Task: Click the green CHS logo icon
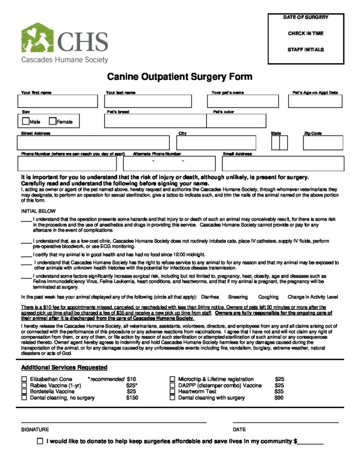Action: point(37,38)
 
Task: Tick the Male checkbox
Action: point(25,122)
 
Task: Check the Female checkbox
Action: point(52,122)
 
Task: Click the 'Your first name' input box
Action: point(58,101)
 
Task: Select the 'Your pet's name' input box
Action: point(244,101)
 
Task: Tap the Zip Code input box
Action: point(323,143)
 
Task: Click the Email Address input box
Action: point(283,163)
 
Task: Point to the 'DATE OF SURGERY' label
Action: point(305,17)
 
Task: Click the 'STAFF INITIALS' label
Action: point(305,50)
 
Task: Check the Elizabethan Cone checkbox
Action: point(24,379)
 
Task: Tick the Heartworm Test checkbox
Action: point(172,391)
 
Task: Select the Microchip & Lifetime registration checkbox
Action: point(172,379)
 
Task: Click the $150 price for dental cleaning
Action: point(132,398)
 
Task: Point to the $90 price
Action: point(279,398)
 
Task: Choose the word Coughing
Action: point(268,297)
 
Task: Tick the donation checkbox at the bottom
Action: point(41,441)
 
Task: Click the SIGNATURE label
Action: point(35,430)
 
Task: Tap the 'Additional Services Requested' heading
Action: point(64,368)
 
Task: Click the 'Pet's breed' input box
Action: point(155,121)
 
